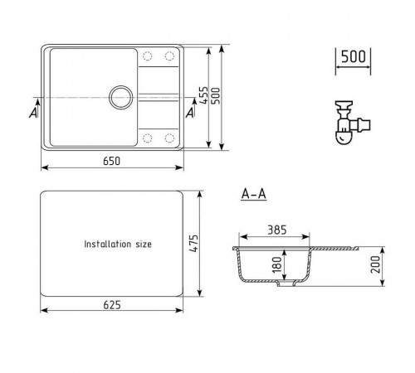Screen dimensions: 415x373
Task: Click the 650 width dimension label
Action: click(x=111, y=161)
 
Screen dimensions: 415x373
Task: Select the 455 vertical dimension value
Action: click(x=204, y=95)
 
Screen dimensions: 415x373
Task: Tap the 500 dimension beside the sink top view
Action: click(x=216, y=96)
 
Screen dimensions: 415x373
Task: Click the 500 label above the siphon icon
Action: click(x=354, y=56)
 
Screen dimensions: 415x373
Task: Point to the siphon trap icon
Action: click(x=352, y=123)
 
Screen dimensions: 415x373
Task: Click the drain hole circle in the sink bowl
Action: click(x=121, y=97)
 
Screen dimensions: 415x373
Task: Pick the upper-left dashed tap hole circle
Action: click(x=148, y=56)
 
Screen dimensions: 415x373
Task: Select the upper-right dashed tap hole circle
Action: click(x=169, y=56)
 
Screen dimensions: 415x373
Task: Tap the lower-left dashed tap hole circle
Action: click(x=148, y=138)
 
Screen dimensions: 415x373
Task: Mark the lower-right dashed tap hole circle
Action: click(x=169, y=138)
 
